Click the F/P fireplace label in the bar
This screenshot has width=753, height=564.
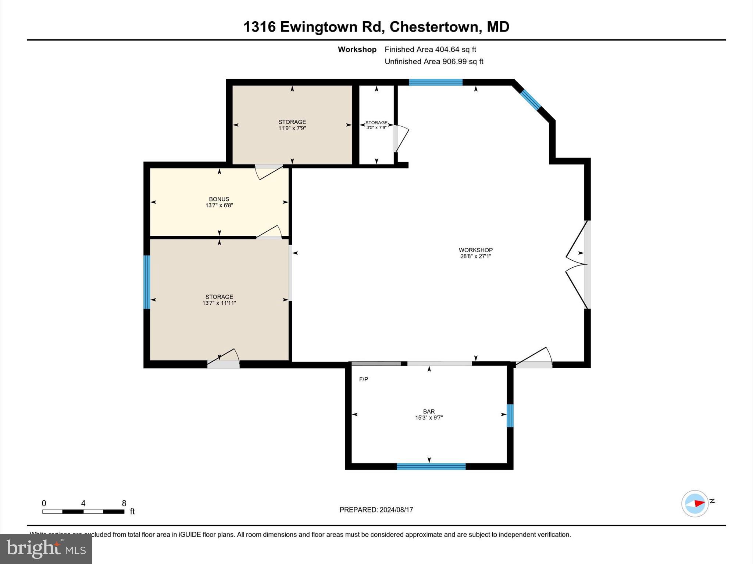(363, 379)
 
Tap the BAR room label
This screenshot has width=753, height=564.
(429, 412)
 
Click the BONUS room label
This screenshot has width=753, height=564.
(219, 199)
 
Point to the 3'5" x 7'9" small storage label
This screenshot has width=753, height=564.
(376, 127)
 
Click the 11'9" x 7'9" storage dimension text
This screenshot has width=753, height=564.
(292, 128)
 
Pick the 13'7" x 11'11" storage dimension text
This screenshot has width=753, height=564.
(219, 303)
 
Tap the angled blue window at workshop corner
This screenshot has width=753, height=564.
(530, 99)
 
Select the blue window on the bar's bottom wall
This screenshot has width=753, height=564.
(431, 466)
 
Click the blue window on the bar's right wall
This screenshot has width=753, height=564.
(510, 415)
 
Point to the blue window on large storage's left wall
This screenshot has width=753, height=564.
(147, 282)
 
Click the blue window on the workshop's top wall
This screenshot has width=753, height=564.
(435, 82)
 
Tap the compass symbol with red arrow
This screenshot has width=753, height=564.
(695, 503)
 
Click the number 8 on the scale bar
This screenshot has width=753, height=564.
(124, 503)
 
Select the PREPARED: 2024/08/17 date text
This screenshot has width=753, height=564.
(376, 510)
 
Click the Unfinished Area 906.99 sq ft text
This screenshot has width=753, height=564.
(434, 61)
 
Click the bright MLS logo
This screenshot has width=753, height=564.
(46, 549)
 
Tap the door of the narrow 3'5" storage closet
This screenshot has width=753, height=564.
(401, 139)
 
